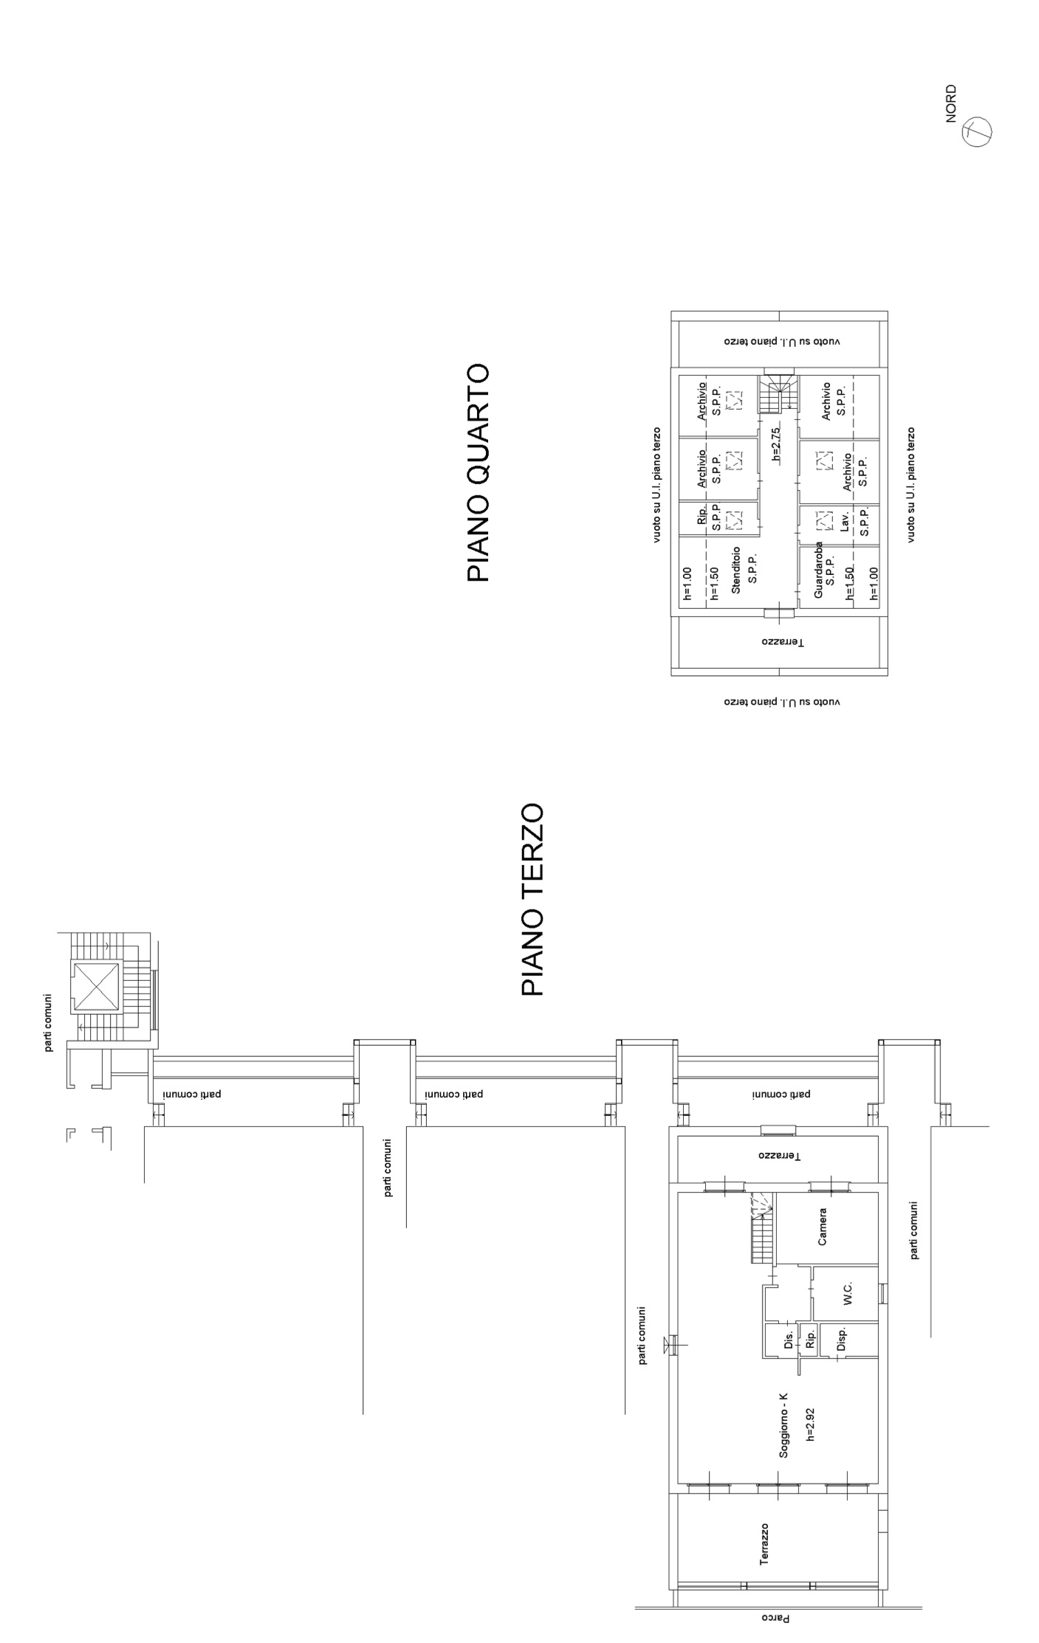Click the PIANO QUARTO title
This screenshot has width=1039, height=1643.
479,472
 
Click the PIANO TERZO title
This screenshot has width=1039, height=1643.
532,900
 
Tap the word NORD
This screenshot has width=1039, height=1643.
951,103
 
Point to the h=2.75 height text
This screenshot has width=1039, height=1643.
776,444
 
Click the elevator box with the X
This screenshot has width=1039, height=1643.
95,987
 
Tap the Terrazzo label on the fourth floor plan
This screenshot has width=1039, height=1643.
783,642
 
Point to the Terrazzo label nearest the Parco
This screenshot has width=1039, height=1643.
765,1544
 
